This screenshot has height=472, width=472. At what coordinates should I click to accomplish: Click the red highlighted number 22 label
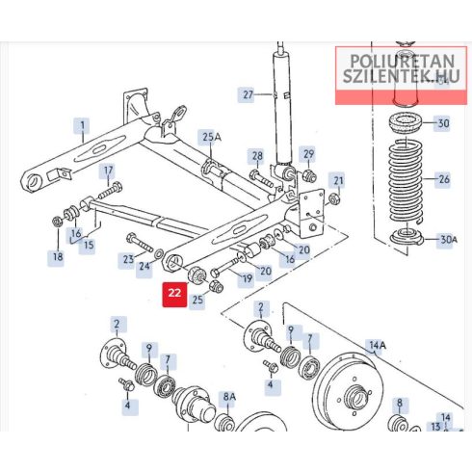174,293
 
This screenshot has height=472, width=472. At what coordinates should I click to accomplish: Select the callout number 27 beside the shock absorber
248,94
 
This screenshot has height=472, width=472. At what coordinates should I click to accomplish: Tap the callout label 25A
212,137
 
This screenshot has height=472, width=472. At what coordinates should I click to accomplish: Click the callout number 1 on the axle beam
83,125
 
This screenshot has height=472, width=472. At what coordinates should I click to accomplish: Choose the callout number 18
58,256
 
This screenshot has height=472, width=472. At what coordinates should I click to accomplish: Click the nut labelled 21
334,199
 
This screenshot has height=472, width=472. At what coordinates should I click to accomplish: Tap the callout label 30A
449,240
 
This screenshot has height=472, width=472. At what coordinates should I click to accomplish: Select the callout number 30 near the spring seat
443,123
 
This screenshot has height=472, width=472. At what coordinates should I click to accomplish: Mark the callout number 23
128,259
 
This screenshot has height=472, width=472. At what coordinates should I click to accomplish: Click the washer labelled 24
159,254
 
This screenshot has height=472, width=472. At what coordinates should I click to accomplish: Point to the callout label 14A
378,345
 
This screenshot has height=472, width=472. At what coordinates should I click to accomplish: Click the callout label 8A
229,397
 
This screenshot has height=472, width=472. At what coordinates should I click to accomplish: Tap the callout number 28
257,156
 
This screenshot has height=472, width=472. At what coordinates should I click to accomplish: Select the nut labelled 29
310,176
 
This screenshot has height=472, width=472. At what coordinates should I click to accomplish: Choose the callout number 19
247,278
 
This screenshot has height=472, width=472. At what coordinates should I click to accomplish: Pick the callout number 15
89,245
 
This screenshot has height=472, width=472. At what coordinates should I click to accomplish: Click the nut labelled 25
216,286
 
